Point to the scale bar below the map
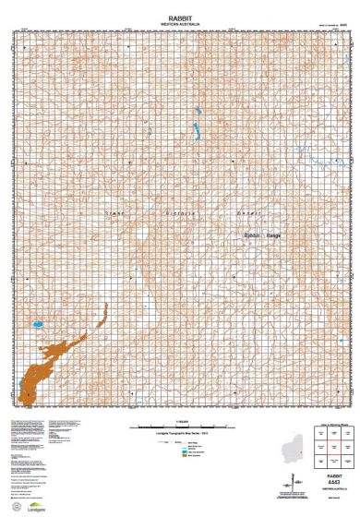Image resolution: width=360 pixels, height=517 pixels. [181, 427]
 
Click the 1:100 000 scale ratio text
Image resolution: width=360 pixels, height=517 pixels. [180, 421]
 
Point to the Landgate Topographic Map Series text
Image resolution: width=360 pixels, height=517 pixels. [181, 434]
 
